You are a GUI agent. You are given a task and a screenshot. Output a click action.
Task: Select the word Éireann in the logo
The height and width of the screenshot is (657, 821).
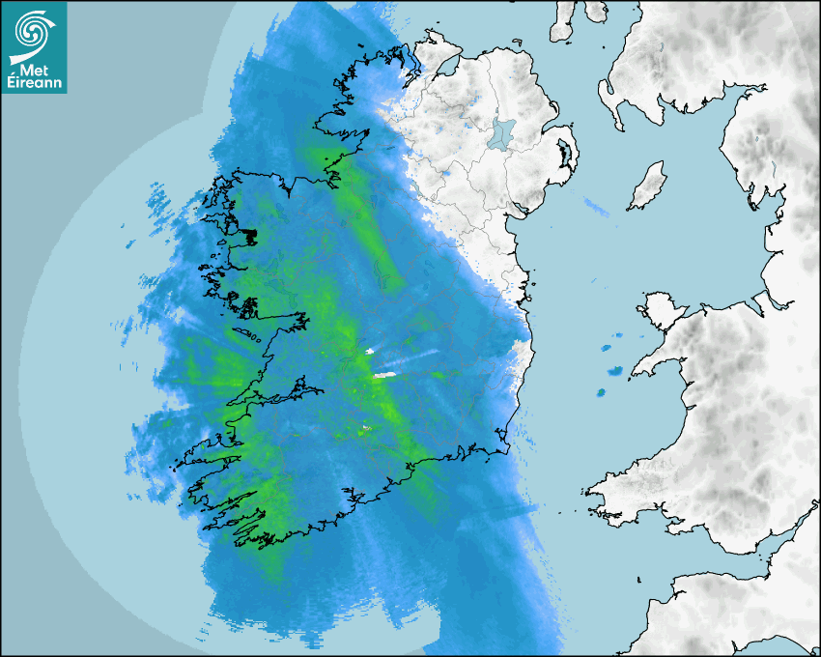tap(34, 82)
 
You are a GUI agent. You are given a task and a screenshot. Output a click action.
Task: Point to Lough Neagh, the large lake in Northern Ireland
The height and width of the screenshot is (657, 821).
tap(502, 133)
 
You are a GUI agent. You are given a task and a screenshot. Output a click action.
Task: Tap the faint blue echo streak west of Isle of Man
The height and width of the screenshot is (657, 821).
tap(596, 206)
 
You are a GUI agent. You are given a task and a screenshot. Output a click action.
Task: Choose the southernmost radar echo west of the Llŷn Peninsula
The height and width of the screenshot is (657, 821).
tap(600, 393)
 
